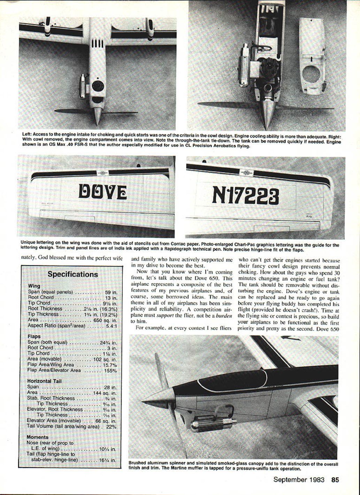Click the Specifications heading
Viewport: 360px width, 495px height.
click(72, 274)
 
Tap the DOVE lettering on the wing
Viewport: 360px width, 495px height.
click(102, 192)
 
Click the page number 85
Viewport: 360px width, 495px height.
click(335, 480)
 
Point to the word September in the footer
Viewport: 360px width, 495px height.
click(290, 480)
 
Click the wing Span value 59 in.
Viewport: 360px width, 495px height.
click(111, 292)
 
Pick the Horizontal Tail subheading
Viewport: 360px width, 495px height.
click(44, 381)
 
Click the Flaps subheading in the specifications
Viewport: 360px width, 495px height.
click(34, 337)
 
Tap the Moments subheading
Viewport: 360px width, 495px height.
click(38, 437)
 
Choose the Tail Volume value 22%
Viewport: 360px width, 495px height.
click(111, 426)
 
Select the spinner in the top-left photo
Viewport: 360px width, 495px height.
click(98, 115)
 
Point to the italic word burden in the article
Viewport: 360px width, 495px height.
click(223, 316)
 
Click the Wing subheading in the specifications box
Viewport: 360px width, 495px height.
click(34, 286)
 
